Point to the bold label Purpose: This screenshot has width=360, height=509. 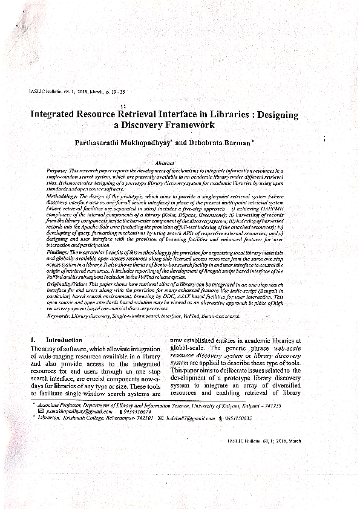[x=58, y=172]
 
